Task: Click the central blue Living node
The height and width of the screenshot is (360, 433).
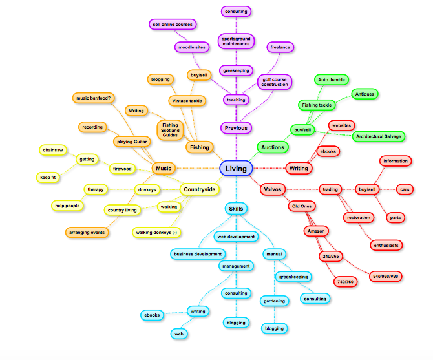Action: tap(236, 169)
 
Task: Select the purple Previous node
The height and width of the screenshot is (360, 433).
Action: tap(236, 128)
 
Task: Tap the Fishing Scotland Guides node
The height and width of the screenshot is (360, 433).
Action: tap(170, 130)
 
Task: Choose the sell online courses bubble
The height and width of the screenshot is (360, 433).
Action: tap(173, 25)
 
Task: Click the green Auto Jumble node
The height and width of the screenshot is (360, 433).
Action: tap(332, 79)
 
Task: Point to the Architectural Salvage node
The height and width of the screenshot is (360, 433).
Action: tap(378, 136)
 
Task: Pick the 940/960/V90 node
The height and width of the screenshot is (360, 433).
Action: tap(386, 277)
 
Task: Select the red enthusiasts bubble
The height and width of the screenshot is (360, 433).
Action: tap(386, 245)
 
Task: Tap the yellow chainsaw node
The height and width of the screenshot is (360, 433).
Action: tap(53, 150)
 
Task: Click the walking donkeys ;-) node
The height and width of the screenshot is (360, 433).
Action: tap(156, 233)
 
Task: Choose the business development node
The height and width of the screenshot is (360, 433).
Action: tap(198, 254)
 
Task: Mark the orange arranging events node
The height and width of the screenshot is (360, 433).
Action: tap(87, 233)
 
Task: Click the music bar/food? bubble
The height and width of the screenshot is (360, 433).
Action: tap(93, 98)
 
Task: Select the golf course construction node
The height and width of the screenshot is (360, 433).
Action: tap(275, 82)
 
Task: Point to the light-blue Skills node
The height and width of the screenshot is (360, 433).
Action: tap(236, 209)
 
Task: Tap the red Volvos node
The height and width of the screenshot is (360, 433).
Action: tap(273, 189)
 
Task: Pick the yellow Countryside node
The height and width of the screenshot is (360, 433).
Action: tap(200, 189)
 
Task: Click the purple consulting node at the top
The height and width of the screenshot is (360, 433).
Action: tap(236, 12)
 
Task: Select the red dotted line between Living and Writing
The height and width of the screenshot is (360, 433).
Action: tap(269, 168)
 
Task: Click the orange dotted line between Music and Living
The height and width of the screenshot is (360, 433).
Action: tap(198, 168)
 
